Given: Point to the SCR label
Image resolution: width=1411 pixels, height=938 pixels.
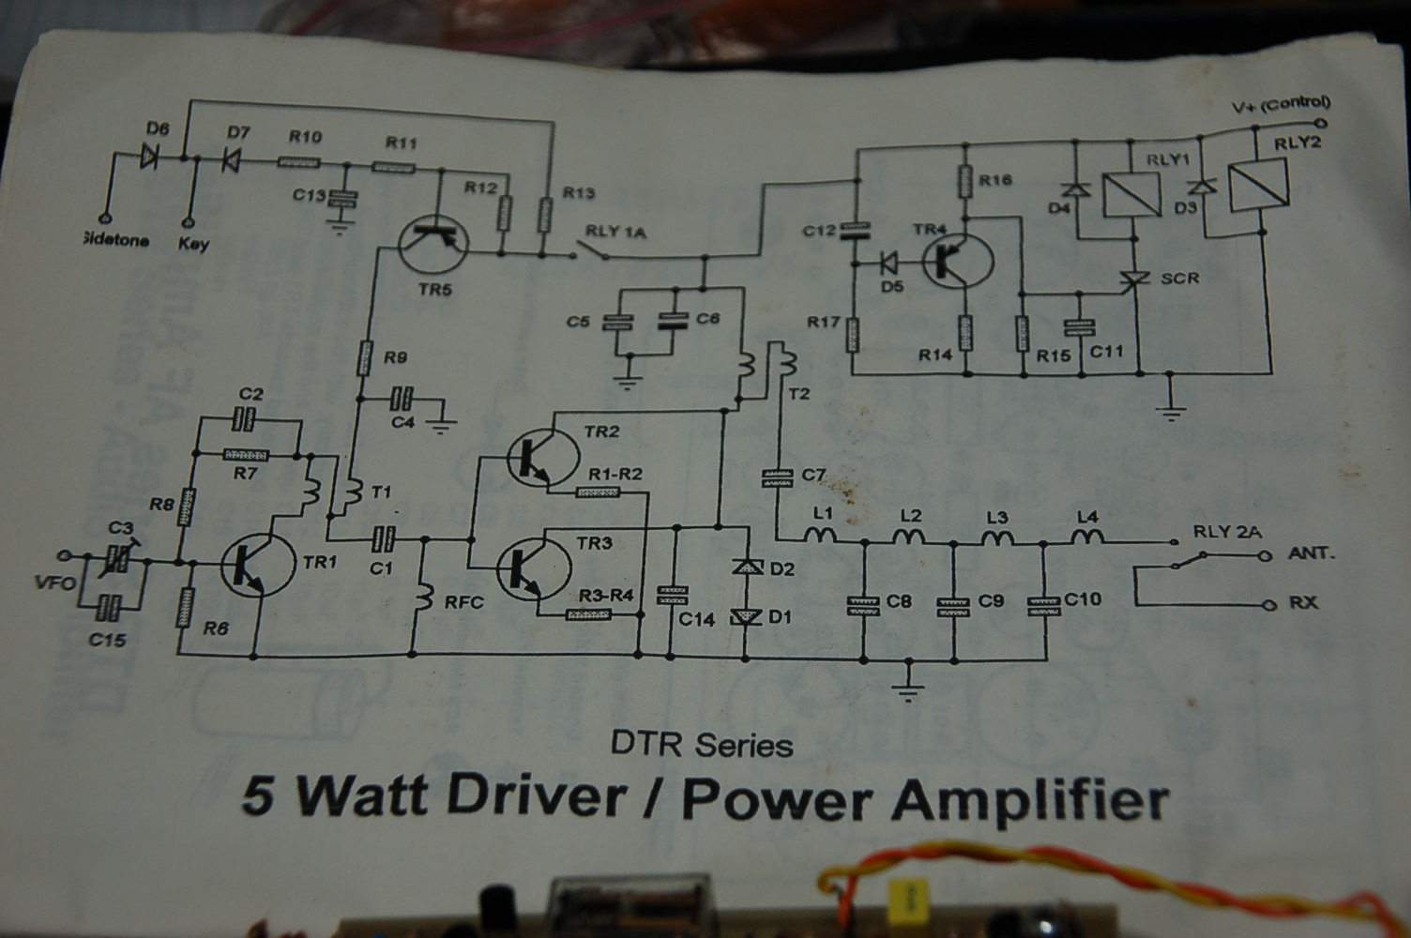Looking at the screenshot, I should pos(1179,279).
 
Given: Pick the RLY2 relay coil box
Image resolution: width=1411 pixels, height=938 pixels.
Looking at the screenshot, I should pos(1258,182).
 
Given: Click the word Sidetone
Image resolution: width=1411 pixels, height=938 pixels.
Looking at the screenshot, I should pos(115,241).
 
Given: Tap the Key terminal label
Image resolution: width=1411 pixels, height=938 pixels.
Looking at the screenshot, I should pos(193,244).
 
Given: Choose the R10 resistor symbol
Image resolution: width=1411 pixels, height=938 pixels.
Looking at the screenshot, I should pos(299,163).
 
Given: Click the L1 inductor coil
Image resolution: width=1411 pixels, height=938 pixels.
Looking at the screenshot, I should pos(823,537).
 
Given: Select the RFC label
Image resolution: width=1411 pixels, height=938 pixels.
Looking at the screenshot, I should pos(463,601).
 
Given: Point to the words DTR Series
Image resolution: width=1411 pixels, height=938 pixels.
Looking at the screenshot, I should pos(702,746).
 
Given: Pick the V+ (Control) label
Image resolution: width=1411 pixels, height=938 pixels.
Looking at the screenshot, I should pos(1281,104).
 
